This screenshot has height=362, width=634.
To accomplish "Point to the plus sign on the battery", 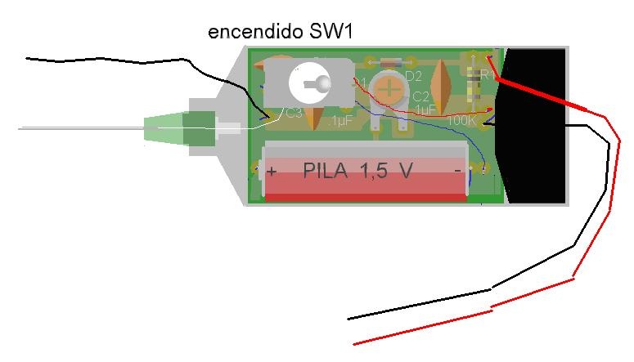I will (x=272, y=172).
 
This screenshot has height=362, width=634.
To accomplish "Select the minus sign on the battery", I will (x=458, y=169).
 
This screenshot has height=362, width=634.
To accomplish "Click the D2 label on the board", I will (x=414, y=78).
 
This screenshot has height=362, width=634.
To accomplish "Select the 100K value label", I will (x=463, y=120).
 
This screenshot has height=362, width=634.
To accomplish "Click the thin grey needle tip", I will (x=25, y=128).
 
